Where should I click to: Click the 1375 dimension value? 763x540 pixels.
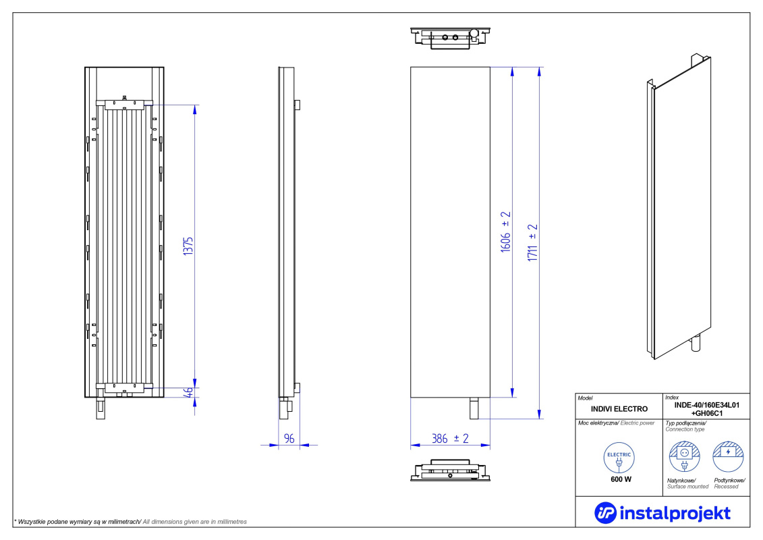click(188, 246)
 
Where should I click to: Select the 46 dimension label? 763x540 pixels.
click(188, 392)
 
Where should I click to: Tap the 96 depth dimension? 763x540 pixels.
click(289, 439)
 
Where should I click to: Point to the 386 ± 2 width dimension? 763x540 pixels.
click(450, 439)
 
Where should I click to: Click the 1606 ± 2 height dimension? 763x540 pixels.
click(505, 232)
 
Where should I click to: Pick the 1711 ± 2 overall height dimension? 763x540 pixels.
click(532, 243)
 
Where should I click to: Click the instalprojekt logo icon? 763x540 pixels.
click(605, 513)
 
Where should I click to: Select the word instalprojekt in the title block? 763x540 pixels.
click(675, 513)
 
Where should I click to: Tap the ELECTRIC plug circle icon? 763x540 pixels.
click(619, 458)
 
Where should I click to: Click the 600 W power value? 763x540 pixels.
click(621, 480)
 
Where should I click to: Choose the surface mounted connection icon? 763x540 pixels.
click(684, 457)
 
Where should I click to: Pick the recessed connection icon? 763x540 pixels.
click(728, 457)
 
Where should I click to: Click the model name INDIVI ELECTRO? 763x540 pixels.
click(619, 409)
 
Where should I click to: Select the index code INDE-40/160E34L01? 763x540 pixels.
click(706, 405)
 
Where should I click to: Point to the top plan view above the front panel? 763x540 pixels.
click(450, 38)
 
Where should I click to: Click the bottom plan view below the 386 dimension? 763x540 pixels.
click(450, 470)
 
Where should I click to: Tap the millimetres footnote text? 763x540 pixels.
click(130, 522)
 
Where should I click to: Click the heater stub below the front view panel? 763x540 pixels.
click(474, 408)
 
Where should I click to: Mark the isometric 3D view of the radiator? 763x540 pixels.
click(679, 207)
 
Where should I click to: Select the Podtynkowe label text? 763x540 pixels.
click(729, 481)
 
